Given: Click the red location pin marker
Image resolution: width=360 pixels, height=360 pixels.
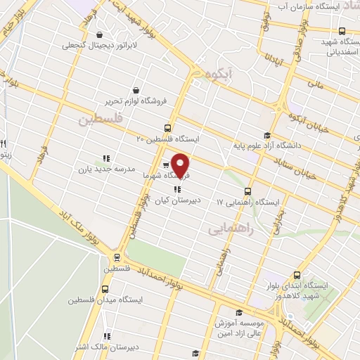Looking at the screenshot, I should pyautogui.click(x=181, y=166).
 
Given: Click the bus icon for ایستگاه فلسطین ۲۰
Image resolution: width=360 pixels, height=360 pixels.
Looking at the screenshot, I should pyautogui.click(x=167, y=128).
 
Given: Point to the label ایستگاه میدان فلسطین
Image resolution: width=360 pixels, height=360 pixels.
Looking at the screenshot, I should pyautogui.click(x=105, y=300).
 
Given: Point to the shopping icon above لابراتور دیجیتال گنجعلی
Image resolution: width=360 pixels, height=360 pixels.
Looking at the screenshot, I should pyautogui.click(x=98, y=34).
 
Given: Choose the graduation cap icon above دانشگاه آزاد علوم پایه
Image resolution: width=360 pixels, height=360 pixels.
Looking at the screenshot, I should pyautogui.click(x=266, y=136).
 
